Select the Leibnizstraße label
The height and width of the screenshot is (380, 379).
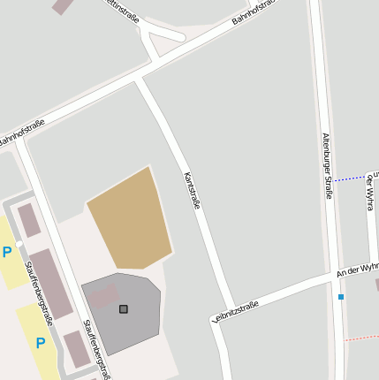(236, 312)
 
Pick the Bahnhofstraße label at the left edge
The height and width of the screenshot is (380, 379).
(19, 136)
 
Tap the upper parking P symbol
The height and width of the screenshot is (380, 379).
(7, 253)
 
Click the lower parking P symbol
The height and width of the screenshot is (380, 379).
(40, 342)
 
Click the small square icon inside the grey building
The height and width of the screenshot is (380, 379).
(124, 308)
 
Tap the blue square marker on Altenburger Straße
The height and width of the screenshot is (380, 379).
(341, 297)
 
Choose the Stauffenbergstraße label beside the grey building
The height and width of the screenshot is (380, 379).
(96, 349)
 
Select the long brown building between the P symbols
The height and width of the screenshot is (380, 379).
(50, 282)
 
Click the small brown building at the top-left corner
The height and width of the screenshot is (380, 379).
(63, 5)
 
